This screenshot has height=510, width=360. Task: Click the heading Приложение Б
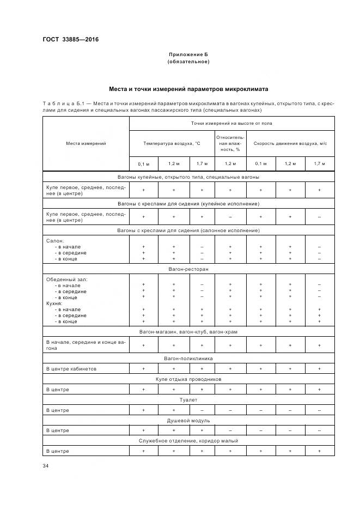point(188,55)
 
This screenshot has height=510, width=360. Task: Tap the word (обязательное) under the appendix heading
point(188,62)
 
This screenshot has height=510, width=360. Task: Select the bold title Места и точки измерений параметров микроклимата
point(188,89)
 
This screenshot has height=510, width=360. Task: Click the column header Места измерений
point(86,143)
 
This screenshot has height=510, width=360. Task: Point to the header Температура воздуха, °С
point(172,143)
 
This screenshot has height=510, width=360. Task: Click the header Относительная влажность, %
point(230,140)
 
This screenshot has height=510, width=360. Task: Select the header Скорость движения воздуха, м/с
point(290,143)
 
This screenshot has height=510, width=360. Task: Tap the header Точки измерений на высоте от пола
point(231,124)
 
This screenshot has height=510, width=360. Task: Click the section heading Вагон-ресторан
point(188,269)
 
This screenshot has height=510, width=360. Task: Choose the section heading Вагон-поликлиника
point(188,359)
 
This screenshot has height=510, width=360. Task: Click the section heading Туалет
point(188,399)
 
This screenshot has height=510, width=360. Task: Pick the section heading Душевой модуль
point(188,420)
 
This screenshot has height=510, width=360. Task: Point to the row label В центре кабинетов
point(71,369)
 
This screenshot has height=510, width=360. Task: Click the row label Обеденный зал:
point(66,279)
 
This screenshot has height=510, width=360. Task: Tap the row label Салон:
point(55,240)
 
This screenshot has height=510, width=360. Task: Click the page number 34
point(46,466)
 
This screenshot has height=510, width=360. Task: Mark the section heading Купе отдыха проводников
point(188,379)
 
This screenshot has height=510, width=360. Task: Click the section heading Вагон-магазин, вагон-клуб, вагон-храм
point(188,331)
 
